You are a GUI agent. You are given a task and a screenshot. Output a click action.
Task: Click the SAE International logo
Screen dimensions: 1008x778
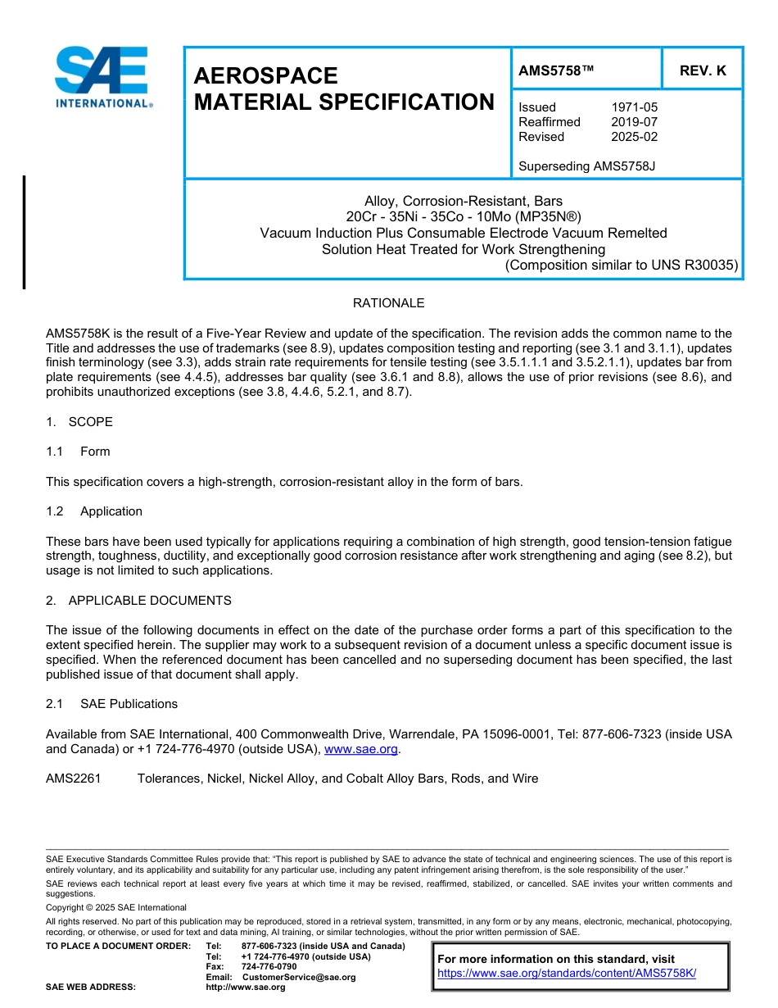pyautogui.click(x=102, y=78)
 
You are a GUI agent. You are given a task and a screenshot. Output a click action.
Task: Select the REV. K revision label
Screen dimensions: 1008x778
pyautogui.click(x=703, y=71)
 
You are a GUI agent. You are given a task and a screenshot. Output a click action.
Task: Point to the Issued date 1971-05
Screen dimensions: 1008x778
pyautogui.click(x=634, y=107)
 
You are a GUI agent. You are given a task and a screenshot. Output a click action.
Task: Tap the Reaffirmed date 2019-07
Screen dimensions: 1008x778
pyautogui.click(x=634, y=122)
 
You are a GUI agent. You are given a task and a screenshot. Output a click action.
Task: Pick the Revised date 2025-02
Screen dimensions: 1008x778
pyautogui.click(x=634, y=137)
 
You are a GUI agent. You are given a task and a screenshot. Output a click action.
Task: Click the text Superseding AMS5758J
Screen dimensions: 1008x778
pyautogui.click(x=587, y=166)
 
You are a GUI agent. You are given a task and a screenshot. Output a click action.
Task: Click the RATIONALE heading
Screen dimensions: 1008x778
pyautogui.click(x=388, y=303)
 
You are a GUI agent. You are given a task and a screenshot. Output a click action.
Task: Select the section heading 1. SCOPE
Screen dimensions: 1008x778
pyautogui.click(x=79, y=422)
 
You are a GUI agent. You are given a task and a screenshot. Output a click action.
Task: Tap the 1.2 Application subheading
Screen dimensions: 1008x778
pyautogui.click(x=94, y=511)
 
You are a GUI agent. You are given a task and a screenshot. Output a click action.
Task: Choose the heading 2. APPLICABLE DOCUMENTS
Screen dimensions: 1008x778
pyautogui.click(x=138, y=601)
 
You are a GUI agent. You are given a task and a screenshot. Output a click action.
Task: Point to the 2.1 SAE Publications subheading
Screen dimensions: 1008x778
pyautogui.click(x=112, y=704)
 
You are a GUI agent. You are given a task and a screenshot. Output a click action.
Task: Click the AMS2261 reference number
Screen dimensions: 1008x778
pyautogui.click(x=74, y=779)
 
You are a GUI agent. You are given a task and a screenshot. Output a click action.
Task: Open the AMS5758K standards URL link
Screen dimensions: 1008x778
pyautogui.click(x=567, y=974)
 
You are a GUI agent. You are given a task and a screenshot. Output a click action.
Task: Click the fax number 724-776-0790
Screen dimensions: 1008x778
pyautogui.click(x=269, y=967)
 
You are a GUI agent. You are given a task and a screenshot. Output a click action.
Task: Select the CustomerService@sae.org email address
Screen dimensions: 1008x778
pyautogui.click(x=299, y=978)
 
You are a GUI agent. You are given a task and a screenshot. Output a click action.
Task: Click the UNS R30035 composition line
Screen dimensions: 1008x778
pyautogui.click(x=622, y=265)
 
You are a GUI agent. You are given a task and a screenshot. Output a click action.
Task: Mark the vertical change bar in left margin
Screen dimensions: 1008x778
pyautogui.click(x=24, y=232)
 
